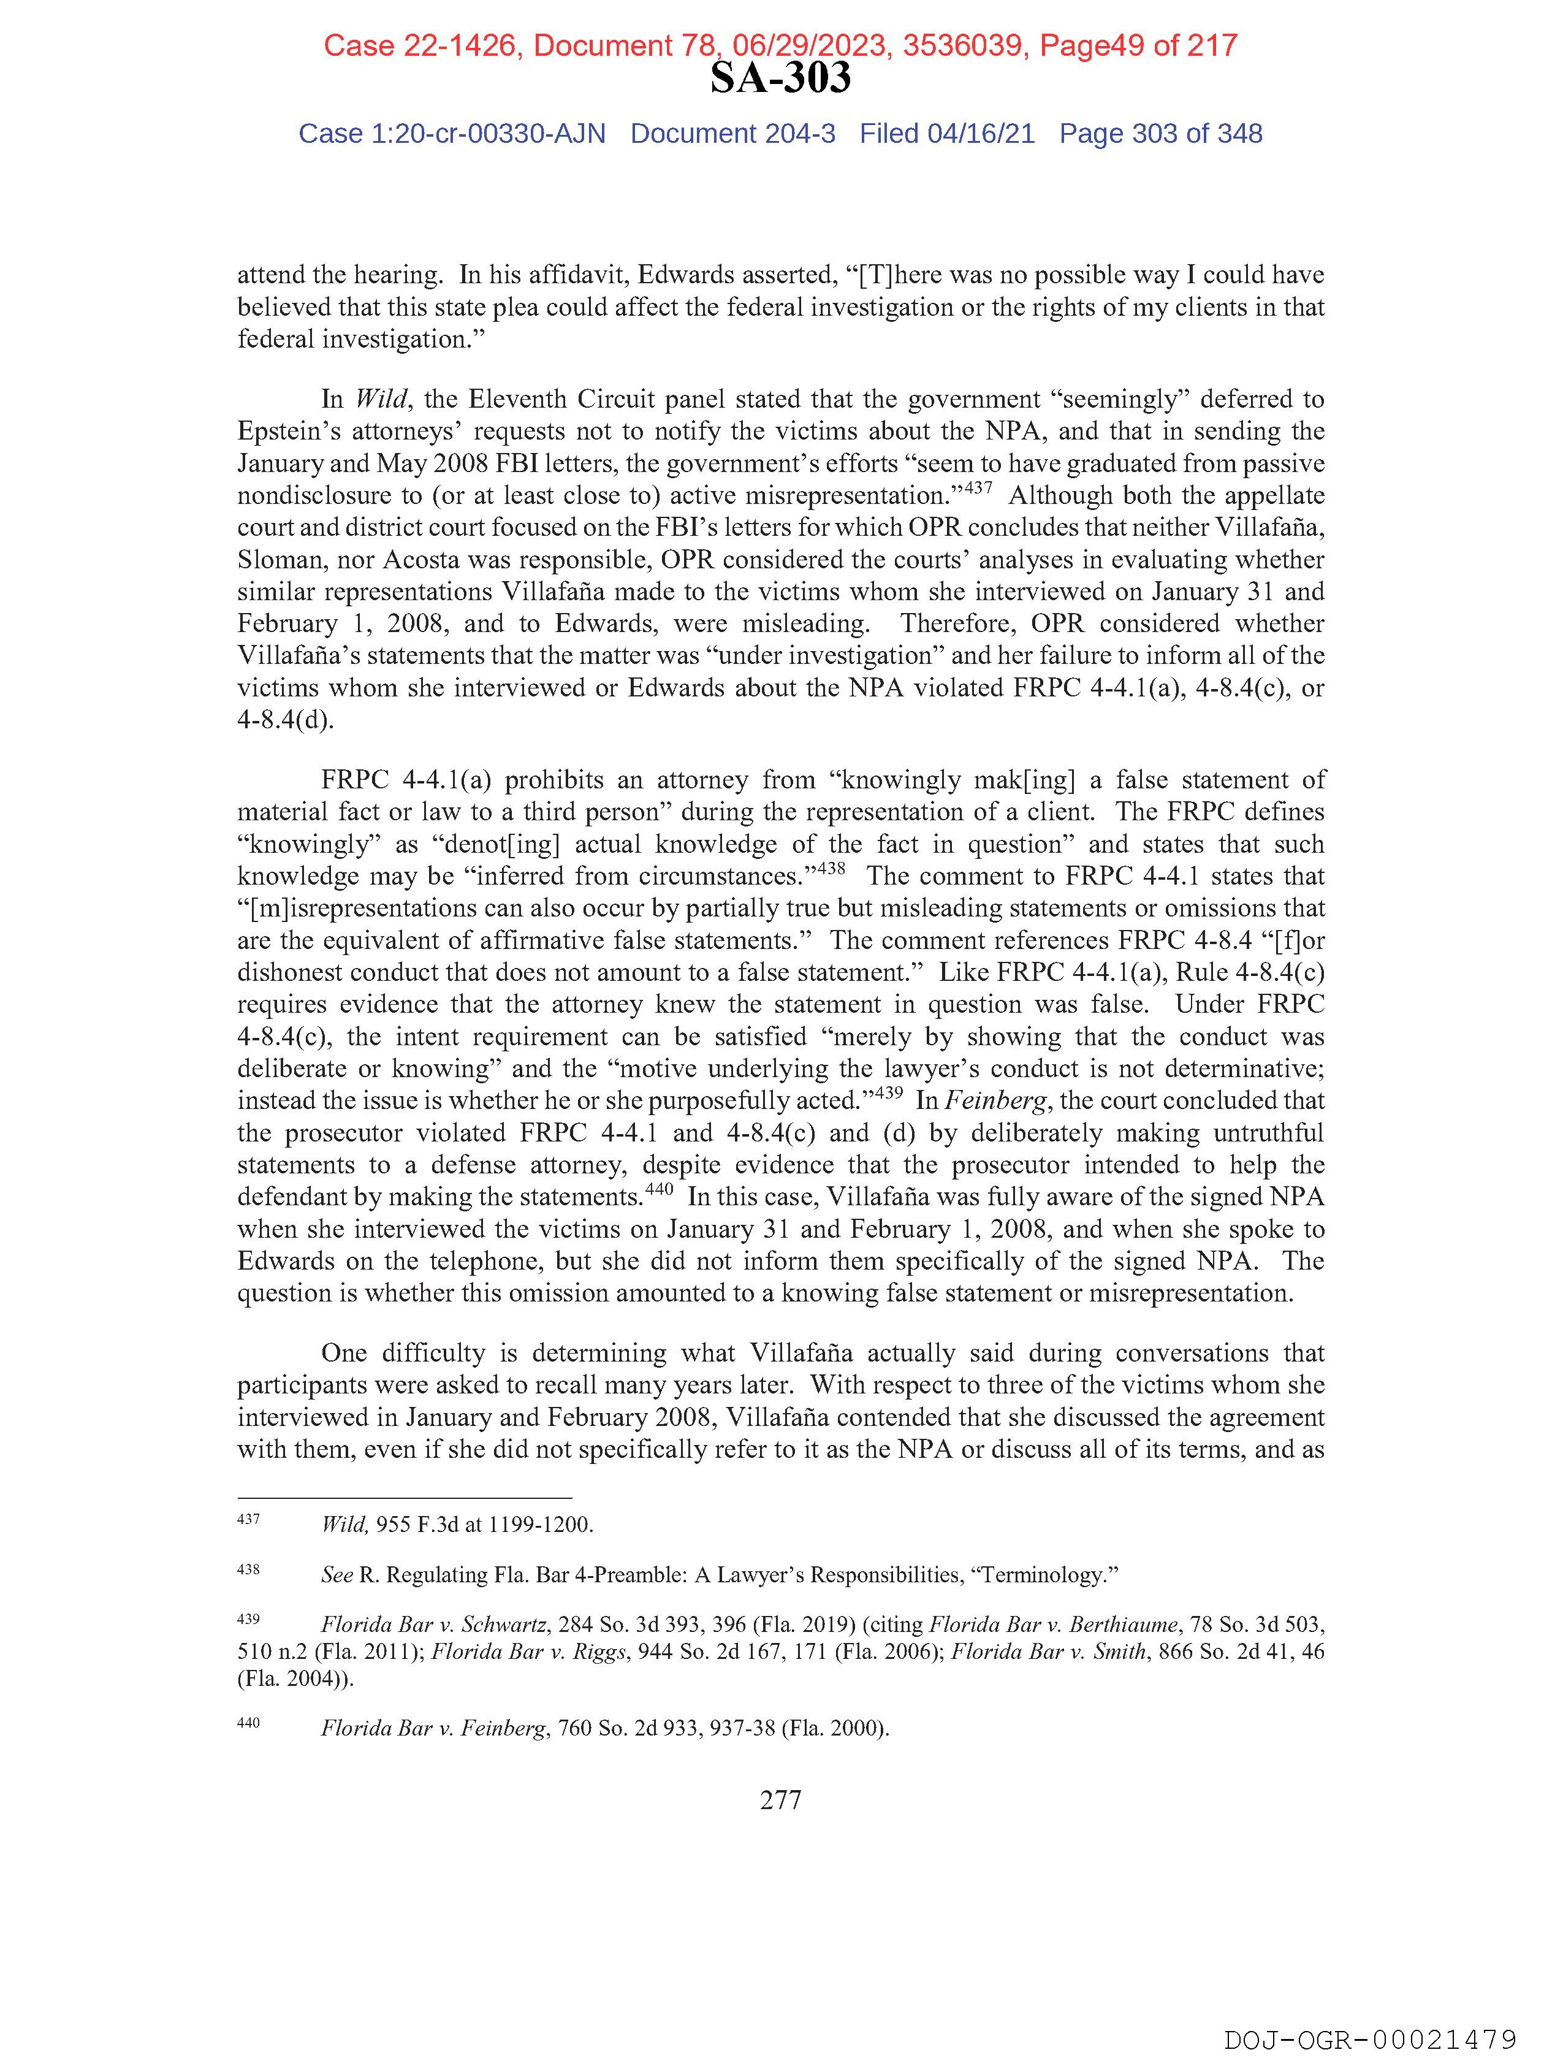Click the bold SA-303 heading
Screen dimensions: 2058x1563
click(x=780, y=78)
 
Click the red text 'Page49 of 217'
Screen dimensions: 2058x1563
click(x=1138, y=45)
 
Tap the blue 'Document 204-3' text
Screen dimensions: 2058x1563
click(x=732, y=134)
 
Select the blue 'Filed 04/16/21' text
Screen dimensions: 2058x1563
click(x=946, y=134)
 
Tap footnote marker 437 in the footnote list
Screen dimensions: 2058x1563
click(x=248, y=1519)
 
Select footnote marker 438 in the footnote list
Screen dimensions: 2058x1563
click(x=248, y=1569)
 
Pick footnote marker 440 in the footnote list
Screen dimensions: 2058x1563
click(x=248, y=1722)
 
